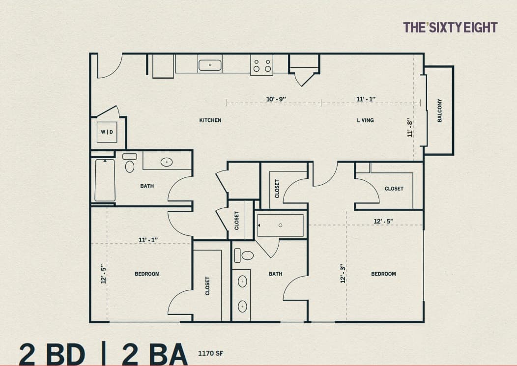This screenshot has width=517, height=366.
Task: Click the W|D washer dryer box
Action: (107, 132)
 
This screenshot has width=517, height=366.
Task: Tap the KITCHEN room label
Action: (210, 120)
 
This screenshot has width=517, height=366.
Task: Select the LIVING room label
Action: (365, 120)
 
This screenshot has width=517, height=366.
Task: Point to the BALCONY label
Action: (440, 111)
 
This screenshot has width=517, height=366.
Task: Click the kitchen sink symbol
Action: (210, 64)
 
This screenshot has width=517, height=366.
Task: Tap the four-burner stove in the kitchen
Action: (262, 65)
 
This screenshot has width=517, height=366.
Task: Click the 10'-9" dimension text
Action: (276, 99)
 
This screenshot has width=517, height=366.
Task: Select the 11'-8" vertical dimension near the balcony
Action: (409, 127)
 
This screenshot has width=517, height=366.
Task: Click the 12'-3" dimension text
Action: (343, 273)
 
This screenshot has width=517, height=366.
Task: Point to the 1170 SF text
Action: (211, 353)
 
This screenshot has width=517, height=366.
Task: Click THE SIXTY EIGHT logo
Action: (450, 28)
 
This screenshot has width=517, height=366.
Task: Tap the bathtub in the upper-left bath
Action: (105, 180)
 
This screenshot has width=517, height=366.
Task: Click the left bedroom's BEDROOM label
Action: (147, 274)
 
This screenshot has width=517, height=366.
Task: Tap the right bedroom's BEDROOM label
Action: (383, 274)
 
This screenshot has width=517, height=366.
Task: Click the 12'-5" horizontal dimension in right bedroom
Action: (383, 222)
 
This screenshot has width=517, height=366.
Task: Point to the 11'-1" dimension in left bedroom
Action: (148, 240)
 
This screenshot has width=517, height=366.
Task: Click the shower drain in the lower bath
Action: (280, 225)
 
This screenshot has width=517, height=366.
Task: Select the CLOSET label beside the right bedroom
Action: (394, 189)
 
